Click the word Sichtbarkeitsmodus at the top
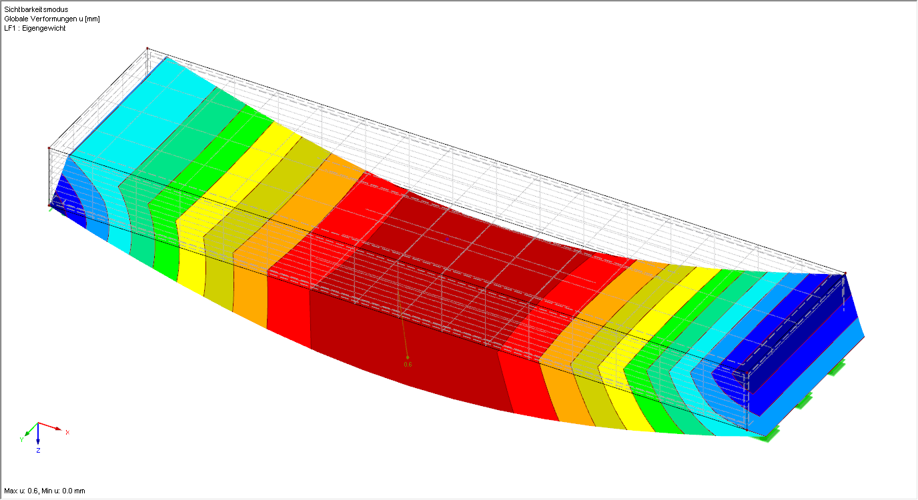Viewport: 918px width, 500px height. coord(36,9)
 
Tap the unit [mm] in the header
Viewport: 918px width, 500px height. coord(92,19)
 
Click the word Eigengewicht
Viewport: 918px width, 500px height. coord(44,28)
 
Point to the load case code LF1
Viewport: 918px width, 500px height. coord(10,28)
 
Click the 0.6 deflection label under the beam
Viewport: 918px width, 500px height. coord(408,365)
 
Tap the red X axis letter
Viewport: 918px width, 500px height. coord(67,433)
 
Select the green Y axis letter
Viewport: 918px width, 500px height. coord(22,440)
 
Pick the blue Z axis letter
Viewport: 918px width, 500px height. coord(38,451)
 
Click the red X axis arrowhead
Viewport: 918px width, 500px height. coord(58,429)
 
